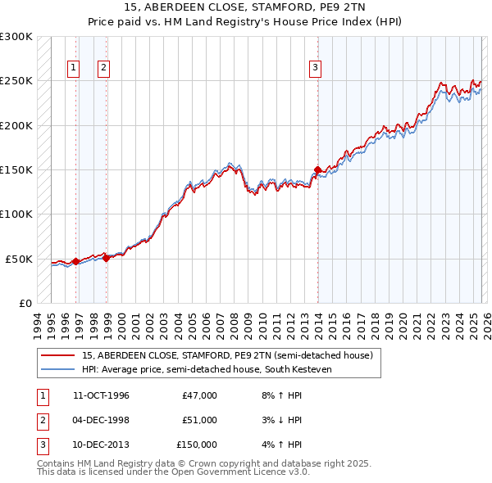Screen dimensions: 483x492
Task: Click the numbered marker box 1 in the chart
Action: [x=75, y=68]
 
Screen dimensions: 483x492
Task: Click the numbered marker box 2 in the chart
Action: [x=104, y=68]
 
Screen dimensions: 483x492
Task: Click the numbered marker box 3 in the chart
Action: [x=315, y=68]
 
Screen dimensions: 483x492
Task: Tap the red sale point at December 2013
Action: [x=317, y=170]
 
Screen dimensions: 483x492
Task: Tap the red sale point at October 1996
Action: [x=75, y=261]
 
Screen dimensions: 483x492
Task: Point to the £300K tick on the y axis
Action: [x=16, y=37]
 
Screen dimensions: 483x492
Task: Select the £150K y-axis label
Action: [x=16, y=170]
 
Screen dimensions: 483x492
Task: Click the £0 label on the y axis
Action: [x=24, y=303]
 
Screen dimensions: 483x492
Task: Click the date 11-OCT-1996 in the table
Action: [x=101, y=395]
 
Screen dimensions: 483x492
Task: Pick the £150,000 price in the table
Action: [x=197, y=445]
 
